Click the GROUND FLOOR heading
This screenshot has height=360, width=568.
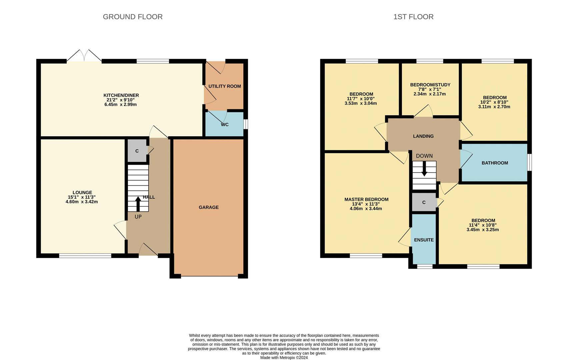coord(133,17)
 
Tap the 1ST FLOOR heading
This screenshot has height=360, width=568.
coord(413,17)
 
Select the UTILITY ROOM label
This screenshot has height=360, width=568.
coord(224,86)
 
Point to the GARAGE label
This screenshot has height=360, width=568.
coord(209,207)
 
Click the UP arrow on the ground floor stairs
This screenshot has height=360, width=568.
coord(138,204)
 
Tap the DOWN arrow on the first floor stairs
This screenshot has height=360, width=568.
coord(424,168)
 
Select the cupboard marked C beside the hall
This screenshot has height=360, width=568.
coord(137,151)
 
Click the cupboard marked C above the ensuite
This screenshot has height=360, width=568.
coord(424,202)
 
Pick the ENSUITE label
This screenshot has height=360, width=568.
coord(424,240)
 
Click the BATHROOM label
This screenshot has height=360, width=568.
coord(495,163)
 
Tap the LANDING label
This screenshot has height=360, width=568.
coord(423,136)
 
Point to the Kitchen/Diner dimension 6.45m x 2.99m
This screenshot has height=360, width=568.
coord(121,105)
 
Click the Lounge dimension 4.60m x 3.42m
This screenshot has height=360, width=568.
coord(82,202)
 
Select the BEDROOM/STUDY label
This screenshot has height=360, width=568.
coord(430,85)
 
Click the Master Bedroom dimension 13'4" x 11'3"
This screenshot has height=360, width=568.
coord(366,204)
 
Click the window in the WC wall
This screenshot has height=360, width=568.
coord(246,124)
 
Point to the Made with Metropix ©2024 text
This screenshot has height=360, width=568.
coord(284,358)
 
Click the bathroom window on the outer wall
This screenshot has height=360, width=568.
coord(530,162)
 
